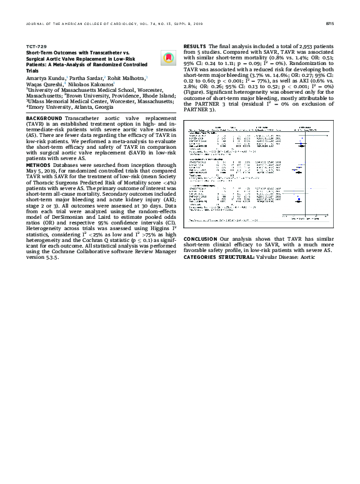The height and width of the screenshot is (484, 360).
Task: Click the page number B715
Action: pyautogui.click(x=330, y=24)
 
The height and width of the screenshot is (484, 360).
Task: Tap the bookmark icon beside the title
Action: pyautogui.click(x=167, y=58)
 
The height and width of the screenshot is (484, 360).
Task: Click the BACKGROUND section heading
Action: pyautogui.click(x=44, y=118)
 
